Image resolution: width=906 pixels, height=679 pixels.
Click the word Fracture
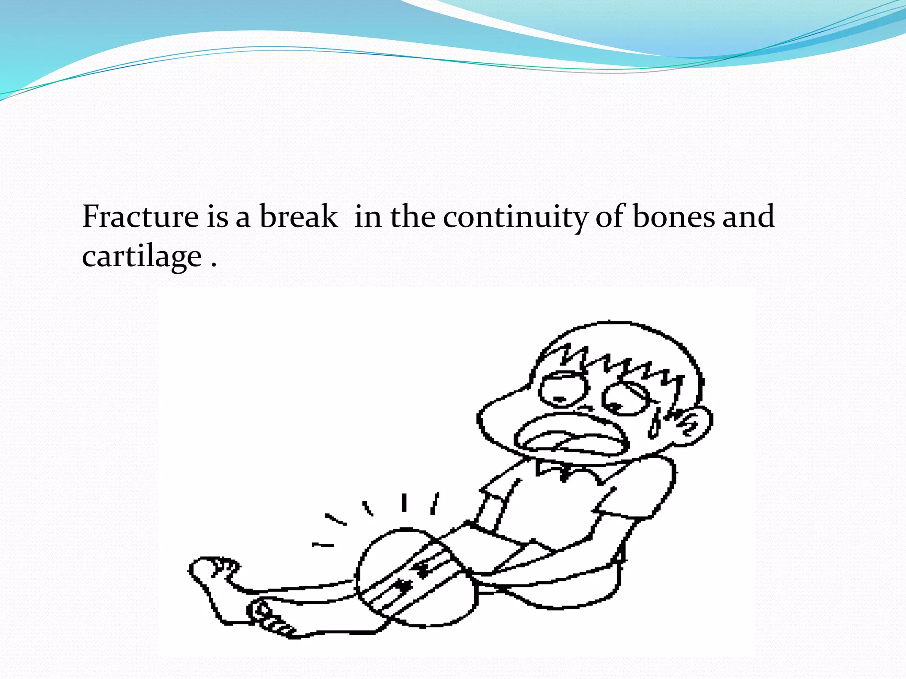[140, 217]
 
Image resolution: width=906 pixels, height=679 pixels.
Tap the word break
[298, 217]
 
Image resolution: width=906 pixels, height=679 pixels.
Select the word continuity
[515, 217]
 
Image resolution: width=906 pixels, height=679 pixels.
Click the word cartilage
[142, 256]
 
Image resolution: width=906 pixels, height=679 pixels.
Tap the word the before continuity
[412, 217]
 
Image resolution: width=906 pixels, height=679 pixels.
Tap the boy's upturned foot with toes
[212, 570]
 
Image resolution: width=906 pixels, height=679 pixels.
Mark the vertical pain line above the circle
[404, 503]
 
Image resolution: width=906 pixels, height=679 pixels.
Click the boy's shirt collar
[566, 471]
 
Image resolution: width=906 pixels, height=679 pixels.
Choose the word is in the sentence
[217, 217]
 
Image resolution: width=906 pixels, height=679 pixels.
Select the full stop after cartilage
[214, 266]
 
